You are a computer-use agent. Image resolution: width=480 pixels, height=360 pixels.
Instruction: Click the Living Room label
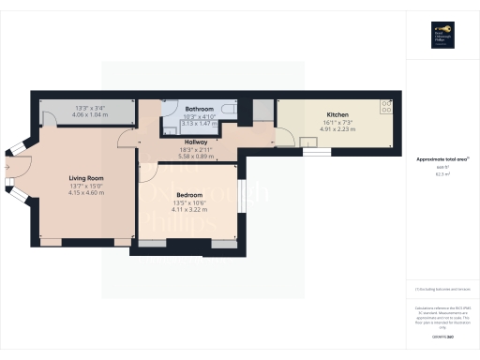click(x=85, y=177)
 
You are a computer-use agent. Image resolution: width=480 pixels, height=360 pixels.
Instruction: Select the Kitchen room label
click(x=337, y=114)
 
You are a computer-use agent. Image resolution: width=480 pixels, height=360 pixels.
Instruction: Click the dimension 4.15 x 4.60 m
click(x=85, y=192)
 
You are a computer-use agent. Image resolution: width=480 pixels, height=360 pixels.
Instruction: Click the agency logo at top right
click(x=442, y=35)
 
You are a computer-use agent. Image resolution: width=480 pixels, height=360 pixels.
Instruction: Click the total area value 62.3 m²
click(x=441, y=174)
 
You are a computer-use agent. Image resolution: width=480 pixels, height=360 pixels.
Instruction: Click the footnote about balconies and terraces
click(x=441, y=291)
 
